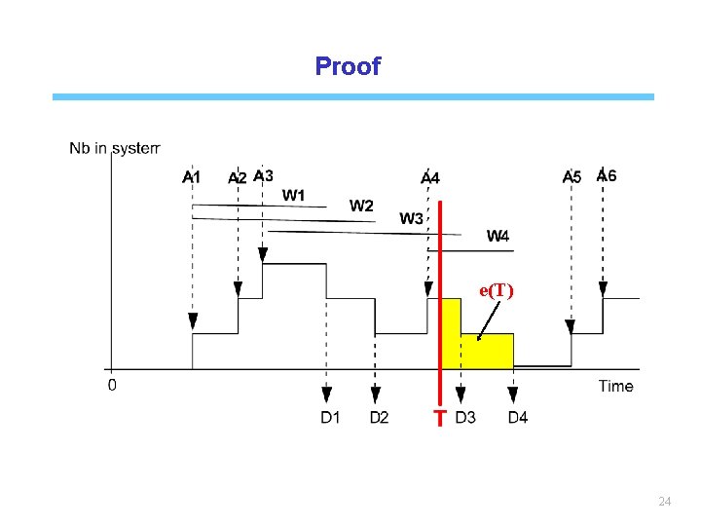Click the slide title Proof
[348, 66]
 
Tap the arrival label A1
[192, 177]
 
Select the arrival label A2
[237, 178]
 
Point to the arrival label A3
[263, 175]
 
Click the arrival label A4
[429, 178]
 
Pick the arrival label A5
[572, 177]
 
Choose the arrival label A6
[606, 175]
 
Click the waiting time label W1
[293, 195]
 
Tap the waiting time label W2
[361, 206]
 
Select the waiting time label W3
[411, 218]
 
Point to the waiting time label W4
[498, 235]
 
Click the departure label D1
[331, 418]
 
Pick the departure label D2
[380, 418]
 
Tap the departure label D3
[465, 418]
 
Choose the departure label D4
[518, 418]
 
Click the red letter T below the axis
[440, 418]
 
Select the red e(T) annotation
[497, 290]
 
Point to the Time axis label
[615, 386]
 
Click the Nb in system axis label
[114, 148]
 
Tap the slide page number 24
[665, 501]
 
